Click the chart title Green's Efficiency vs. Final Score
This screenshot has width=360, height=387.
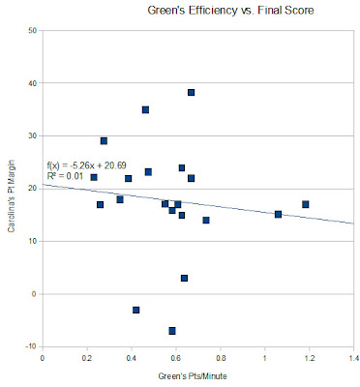[x=230, y=11]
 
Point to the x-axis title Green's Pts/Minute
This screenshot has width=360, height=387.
[x=193, y=376]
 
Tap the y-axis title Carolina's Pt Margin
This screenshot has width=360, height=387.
[x=12, y=195]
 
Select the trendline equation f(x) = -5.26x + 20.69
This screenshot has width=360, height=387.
[x=86, y=165]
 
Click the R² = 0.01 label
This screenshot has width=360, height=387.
[x=65, y=176]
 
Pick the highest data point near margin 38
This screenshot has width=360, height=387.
[x=191, y=93]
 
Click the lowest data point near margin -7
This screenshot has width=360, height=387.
[x=172, y=331]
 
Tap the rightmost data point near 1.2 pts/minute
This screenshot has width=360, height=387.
[x=305, y=204]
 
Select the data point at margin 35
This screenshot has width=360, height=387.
[x=145, y=109]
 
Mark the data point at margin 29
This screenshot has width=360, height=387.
[x=104, y=141]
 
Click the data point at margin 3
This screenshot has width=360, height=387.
[x=184, y=278]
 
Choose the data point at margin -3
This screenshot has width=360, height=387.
[x=135, y=310]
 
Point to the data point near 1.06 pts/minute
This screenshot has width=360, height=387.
[x=278, y=214]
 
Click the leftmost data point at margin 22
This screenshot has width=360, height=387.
[x=94, y=177]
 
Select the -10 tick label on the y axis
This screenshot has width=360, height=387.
[x=32, y=346]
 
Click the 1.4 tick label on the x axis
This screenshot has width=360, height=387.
[x=354, y=359]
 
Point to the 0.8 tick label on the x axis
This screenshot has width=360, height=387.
[x=221, y=359]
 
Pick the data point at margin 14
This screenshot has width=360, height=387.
[x=206, y=220]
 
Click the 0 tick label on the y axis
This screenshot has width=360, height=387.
[x=35, y=294]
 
